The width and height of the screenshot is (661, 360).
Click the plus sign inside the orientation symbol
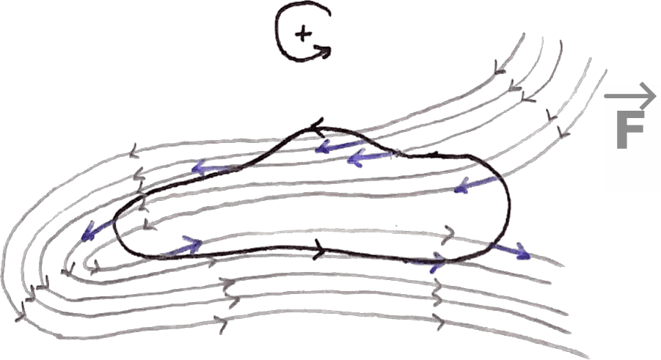click(x=302, y=33)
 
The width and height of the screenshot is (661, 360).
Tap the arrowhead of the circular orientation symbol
click(x=323, y=51)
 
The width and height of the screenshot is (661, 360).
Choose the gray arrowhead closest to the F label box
click(x=563, y=133)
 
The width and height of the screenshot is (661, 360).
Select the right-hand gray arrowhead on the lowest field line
click(x=439, y=320)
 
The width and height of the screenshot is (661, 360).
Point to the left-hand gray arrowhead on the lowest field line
click(x=220, y=321)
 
